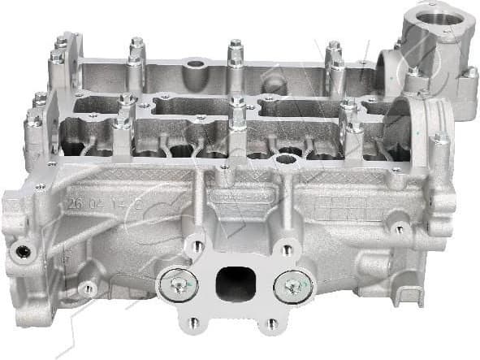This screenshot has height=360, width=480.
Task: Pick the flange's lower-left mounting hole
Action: pyautogui.click(x=191, y=323)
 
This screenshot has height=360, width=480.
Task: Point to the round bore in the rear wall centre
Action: pyautogui.click(x=195, y=63)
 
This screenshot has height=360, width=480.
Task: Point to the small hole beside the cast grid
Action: pyautogui.click(x=399, y=228)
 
